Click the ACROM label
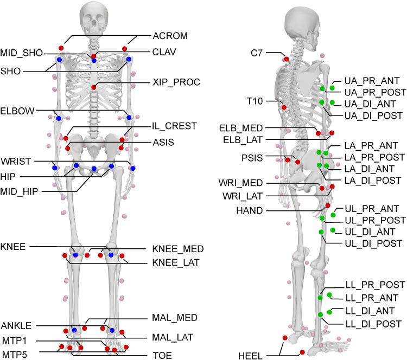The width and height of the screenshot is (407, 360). click(170, 36)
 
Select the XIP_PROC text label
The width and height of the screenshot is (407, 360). click(177, 82)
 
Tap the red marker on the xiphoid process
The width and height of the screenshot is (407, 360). click(94, 87)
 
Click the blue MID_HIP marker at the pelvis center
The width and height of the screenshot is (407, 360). click(94, 169)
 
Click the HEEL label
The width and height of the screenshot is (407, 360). click(250, 356)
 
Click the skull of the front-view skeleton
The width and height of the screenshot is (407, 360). click(94, 19)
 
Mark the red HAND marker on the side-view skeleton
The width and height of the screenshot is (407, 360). click(328, 206)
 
